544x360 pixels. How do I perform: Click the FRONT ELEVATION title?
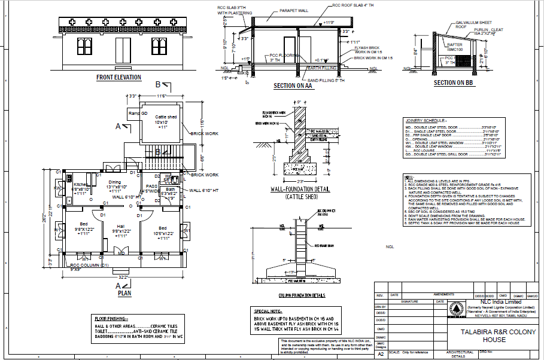(119, 78)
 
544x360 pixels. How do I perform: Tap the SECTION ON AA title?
(293, 86)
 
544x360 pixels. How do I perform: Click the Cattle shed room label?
(166, 117)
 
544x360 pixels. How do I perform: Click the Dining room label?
(114, 182)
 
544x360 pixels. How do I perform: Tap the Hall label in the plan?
(120, 227)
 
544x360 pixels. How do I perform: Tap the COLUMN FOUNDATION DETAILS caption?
(302, 295)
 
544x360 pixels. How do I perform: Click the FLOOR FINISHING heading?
(111, 318)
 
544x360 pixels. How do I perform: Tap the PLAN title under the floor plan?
(124, 294)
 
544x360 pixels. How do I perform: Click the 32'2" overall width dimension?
(123, 278)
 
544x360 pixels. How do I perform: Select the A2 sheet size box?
(379, 353)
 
